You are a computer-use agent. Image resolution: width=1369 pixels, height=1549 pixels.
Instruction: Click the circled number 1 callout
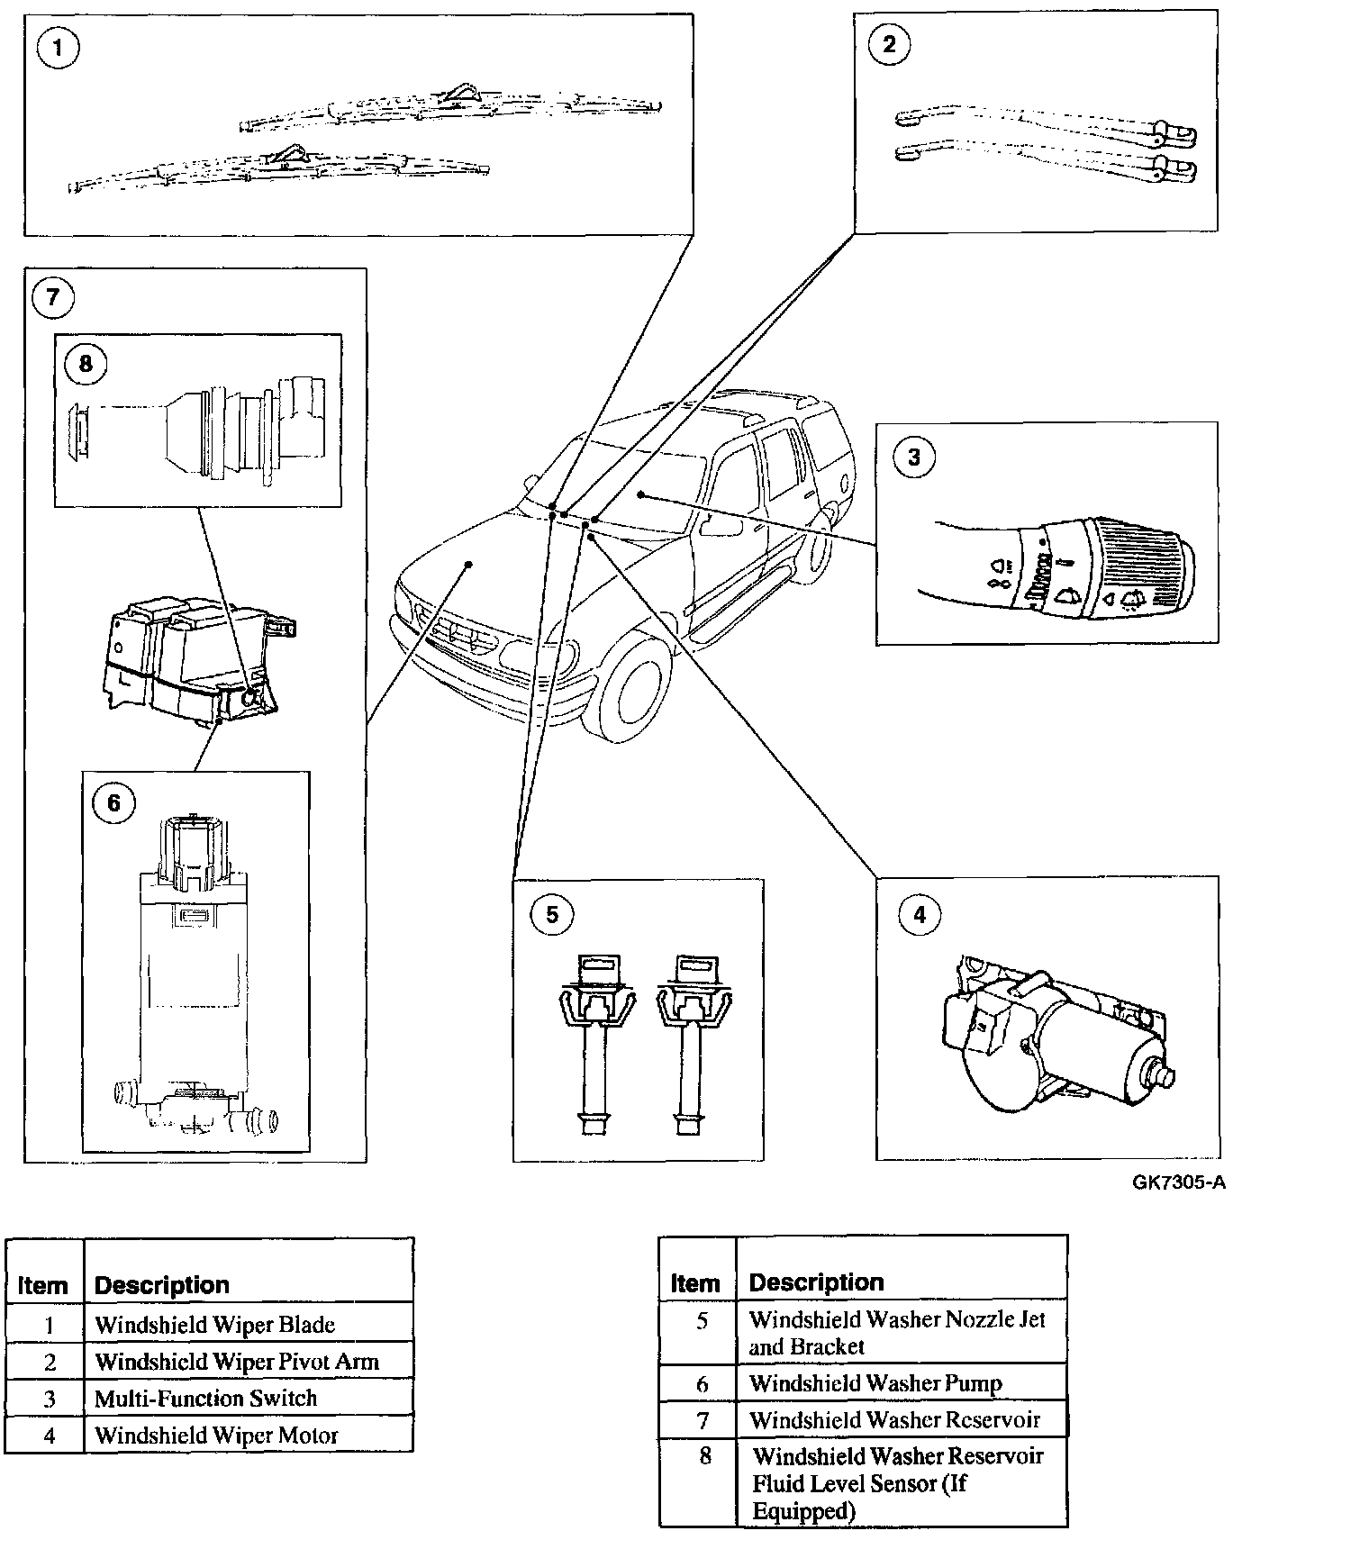click(x=58, y=47)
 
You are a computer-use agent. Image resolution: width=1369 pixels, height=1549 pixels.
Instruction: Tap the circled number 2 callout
click(x=889, y=45)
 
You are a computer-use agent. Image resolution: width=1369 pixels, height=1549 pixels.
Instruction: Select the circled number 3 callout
click(x=913, y=457)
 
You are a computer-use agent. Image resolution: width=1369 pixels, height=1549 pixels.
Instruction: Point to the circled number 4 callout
click(x=919, y=915)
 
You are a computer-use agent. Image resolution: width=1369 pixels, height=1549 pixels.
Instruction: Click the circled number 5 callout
click(x=552, y=915)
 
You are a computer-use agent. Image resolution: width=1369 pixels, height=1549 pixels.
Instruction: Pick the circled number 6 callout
click(x=113, y=802)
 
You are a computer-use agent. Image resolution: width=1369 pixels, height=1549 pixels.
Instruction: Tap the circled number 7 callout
click(x=52, y=297)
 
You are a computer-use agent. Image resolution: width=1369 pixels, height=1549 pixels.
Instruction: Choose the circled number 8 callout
click(x=86, y=363)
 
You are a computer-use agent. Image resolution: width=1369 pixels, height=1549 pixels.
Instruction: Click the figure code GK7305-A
click(x=1179, y=1182)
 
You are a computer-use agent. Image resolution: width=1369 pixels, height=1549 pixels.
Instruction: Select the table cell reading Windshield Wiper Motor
click(x=216, y=1436)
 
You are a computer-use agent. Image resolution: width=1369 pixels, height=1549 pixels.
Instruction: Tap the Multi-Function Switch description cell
click(x=206, y=1399)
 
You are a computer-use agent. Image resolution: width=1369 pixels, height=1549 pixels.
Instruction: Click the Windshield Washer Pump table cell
click(x=875, y=1383)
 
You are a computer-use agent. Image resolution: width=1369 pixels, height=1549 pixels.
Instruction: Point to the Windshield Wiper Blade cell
click(x=214, y=1325)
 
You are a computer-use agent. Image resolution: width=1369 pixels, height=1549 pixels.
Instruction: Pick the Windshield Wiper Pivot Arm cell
click(x=237, y=1362)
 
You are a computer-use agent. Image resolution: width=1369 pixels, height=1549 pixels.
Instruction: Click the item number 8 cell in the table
click(x=705, y=1455)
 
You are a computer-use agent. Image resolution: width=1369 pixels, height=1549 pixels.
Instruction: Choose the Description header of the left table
click(x=162, y=1285)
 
